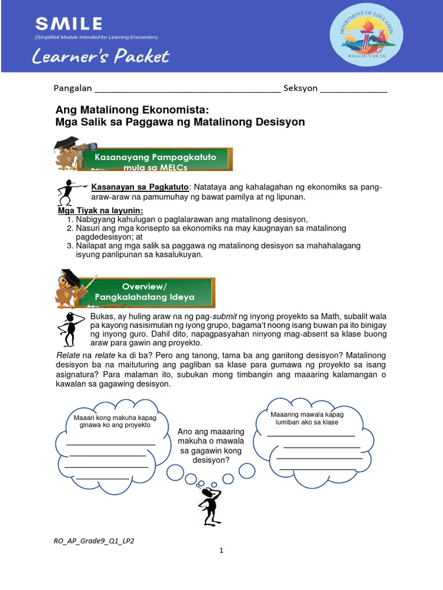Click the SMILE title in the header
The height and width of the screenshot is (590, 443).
tap(69, 24)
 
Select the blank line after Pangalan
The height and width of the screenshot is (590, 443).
tap(187, 90)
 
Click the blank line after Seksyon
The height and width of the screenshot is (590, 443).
tap(354, 90)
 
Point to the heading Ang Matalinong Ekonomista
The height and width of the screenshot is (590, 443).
tap(130, 110)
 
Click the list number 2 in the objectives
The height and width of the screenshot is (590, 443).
tap(70, 229)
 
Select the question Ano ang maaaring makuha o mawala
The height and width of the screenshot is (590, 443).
tap(211, 445)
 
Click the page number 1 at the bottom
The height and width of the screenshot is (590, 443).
tap(221, 551)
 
